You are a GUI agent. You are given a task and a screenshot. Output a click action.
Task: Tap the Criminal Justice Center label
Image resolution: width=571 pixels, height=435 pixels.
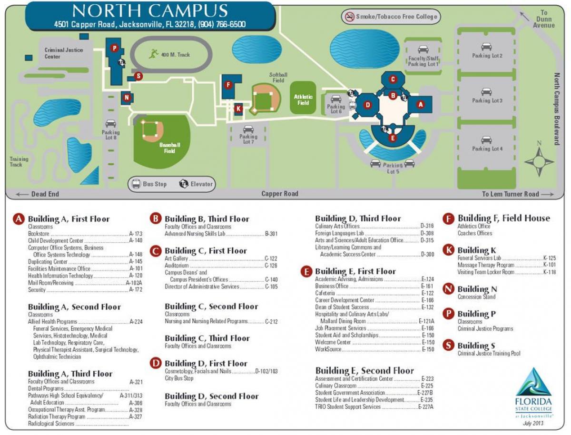click(x=64, y=53)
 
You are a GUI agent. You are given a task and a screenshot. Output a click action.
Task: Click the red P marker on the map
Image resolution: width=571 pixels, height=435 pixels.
click(x=114, y=48)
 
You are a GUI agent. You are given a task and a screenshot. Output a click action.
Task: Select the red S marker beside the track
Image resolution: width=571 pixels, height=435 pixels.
click(x=138, y=76)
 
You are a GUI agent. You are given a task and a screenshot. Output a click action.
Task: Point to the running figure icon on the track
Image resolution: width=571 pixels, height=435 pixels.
click(x=153, y=54)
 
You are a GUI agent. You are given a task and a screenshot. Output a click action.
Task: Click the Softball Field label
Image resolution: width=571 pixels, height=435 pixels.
click(x=278, y=78)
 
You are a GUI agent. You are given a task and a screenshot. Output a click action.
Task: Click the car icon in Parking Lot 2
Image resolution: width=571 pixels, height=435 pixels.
click(x=486, y=47)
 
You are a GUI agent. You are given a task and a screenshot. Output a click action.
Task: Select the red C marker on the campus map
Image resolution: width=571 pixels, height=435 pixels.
click(x=393, y=79)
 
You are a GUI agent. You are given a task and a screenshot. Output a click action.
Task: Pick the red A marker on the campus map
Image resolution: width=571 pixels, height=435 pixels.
click(x=420, y=104)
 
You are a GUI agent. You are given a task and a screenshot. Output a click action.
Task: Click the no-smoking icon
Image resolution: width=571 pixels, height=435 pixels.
click(x=350, y=17)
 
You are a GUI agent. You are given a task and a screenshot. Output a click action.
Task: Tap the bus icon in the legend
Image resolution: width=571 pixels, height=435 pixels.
click(x=136, y=184)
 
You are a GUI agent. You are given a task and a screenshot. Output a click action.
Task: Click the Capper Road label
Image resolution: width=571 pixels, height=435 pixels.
click(x=280, y=194)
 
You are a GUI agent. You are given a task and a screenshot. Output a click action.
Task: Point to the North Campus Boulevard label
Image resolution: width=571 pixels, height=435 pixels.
click(x=557, y=109)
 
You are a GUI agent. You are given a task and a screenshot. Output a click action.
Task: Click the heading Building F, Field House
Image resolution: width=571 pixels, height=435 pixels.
click(x=503, y=218)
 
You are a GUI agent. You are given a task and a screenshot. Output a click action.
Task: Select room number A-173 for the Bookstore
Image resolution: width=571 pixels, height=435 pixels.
click(x=136, y=234)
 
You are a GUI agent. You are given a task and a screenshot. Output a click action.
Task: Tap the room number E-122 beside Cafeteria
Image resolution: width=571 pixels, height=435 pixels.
click(x=427, y=293)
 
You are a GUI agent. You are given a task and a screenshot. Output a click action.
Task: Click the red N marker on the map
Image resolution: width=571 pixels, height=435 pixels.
click(x=126, y=98)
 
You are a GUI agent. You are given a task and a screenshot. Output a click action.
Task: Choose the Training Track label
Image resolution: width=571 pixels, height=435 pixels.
click(x=19, y=162)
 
